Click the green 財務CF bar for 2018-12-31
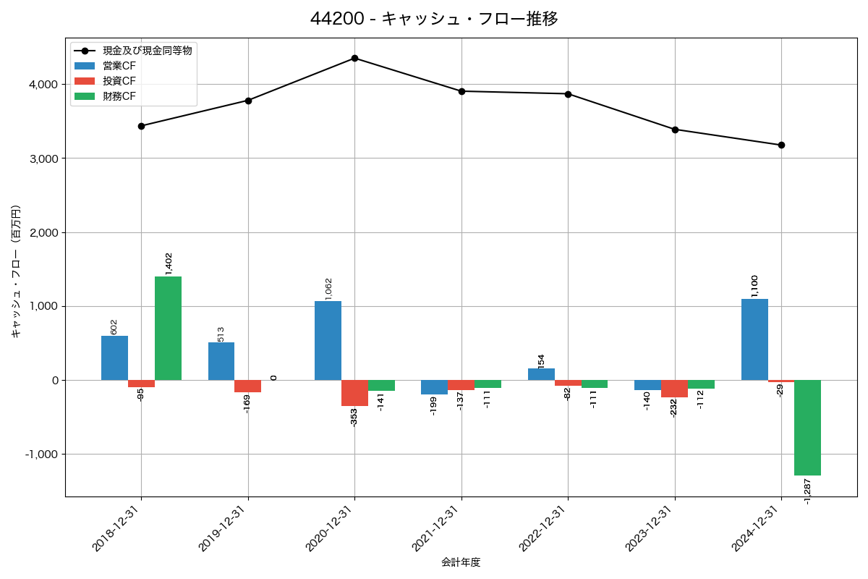168,328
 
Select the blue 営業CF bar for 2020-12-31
328,340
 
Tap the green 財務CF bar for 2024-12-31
807,428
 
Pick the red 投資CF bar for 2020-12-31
354,393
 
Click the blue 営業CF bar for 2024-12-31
754,339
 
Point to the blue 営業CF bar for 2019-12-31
221,361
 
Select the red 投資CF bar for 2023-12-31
674,389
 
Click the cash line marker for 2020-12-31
354,58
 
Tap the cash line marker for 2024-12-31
781,145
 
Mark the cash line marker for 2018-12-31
141,126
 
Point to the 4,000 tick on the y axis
43,85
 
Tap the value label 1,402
169,263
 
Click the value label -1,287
807,491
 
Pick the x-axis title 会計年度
461,562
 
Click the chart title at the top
434,19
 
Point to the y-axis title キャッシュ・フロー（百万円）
15,271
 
